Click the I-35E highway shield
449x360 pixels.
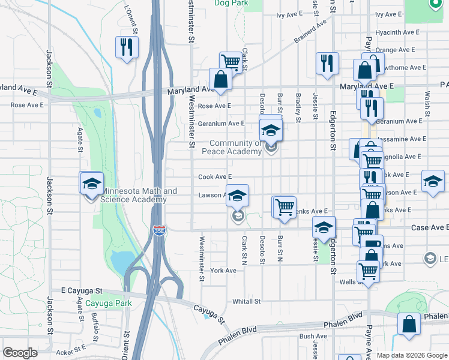[x=158, y=231]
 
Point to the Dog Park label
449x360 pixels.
[x=231, y=3]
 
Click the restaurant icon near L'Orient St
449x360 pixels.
[x=127, y=47]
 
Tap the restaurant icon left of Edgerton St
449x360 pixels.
[x=327, y=64]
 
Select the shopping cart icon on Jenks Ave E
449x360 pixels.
[x=285, y=206]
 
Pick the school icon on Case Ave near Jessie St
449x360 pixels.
[x=324, y=228]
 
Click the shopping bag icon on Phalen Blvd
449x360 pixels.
[x=409, y=324]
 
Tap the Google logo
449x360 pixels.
[x=20, y=353]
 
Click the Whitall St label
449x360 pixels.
[x=246, y=301]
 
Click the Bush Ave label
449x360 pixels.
[x=313, y=337]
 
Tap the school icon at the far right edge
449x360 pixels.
[x=433, y=182]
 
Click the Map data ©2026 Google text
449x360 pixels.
[x=411, y=355]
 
